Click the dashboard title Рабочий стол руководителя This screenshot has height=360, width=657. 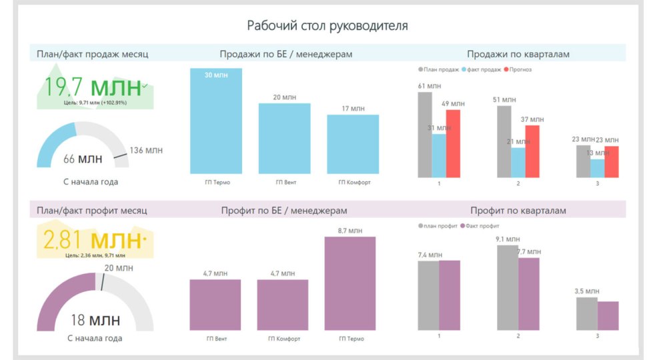pos(327,26)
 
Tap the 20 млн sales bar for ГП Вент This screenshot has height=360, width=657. pos(285,139)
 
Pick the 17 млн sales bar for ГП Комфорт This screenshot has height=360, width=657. pos(353,145)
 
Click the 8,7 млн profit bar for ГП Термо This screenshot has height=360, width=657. pos(350,283)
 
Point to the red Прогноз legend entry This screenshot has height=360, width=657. pos(518,69)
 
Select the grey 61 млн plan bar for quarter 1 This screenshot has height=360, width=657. pos(425,135)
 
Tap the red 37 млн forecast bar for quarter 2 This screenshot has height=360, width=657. pos(532,151)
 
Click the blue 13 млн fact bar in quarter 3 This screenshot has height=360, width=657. pos(598,168)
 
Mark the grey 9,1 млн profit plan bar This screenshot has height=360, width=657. pos(507,287)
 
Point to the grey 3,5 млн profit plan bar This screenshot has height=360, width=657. pos(586,313)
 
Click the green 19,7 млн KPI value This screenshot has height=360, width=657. pos(93,87)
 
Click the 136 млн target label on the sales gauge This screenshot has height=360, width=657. pos(146,150)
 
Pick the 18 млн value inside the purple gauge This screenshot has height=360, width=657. pos(95,321)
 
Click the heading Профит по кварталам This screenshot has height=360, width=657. pos(518,211)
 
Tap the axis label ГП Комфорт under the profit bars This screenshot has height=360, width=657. pos(283,339)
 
